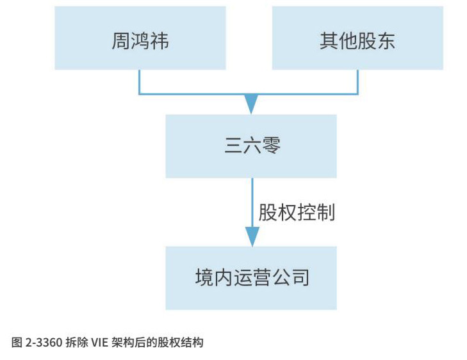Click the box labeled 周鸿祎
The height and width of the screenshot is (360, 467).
[140, 38]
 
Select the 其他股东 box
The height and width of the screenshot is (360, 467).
[357, 38]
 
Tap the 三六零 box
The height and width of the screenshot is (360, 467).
[251, 146]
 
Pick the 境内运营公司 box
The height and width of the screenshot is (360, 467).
[251, 277]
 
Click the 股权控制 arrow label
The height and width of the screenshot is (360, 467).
[297, 213]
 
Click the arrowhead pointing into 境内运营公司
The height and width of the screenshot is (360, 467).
[252, 237]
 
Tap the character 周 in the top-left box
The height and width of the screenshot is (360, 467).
[120, 41]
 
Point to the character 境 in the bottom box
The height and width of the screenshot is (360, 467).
[204, 277]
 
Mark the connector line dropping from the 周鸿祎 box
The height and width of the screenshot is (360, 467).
[140, 82]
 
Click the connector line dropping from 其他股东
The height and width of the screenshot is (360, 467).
[357, 82]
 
